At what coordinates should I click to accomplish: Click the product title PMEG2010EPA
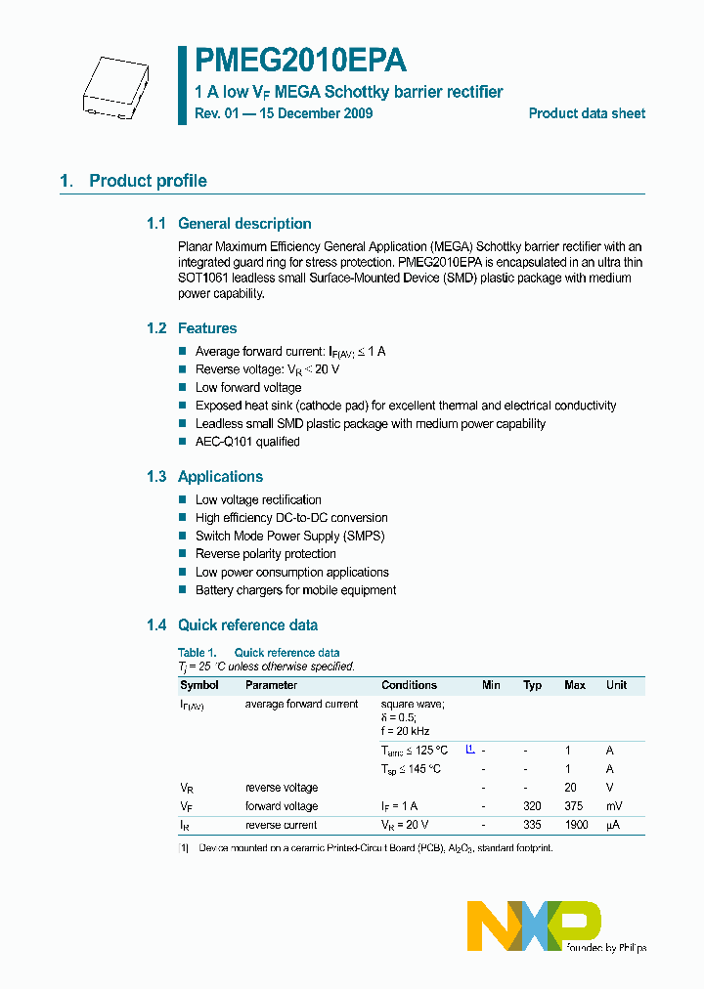pos(300,62)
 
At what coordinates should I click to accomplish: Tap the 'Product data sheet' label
pos(587,113)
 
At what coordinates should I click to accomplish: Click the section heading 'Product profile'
pos(148,181)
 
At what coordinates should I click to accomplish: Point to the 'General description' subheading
pos(244,224)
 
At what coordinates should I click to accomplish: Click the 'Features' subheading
pos(206,328)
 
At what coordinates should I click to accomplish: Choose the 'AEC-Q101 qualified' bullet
pos(247,442)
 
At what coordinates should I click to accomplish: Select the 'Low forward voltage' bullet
pos(248,387)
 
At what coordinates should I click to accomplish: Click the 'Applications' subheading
pos(220,477)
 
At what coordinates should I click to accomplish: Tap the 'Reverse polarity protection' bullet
pos(265,554)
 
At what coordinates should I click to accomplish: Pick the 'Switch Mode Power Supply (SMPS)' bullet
pos(289,536)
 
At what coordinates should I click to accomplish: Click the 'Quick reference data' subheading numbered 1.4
pos(247,625)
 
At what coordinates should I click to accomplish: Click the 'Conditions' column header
pos(409,685)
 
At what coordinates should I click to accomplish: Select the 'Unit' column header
pos(616,685)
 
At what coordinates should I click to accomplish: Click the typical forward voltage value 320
pos(532,806)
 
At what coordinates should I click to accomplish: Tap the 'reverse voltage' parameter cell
pos(282,788)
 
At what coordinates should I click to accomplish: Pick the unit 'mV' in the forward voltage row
pos(615,806)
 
